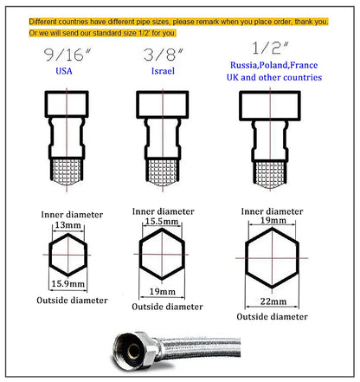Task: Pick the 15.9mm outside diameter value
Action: click(x=67, y=283)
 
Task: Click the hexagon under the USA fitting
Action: click(x=67, y=254)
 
